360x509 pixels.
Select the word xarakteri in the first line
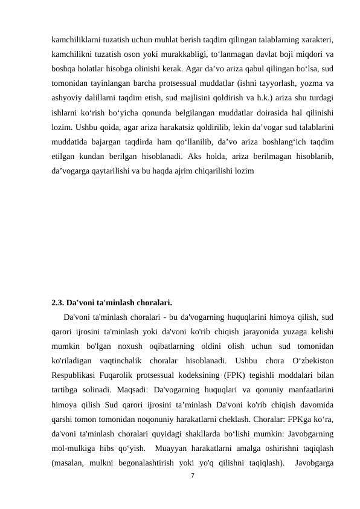coord(317,39)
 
